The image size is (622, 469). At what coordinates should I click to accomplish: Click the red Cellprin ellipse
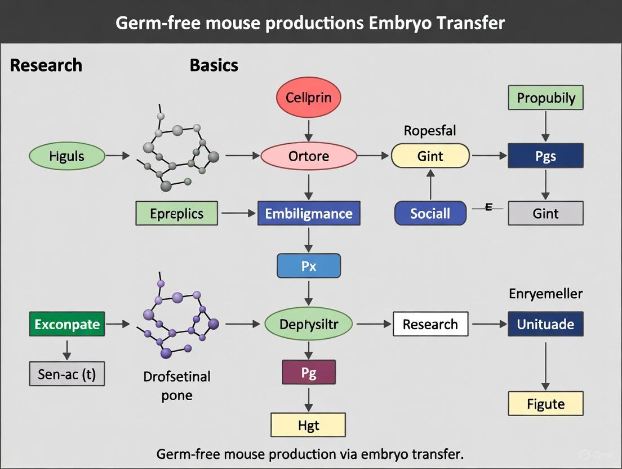coord(309,98)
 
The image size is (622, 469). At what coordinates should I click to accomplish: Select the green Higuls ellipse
coord(67,156)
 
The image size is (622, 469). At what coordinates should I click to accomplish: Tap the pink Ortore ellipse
coord(309,156)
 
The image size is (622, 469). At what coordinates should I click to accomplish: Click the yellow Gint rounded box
coord(430,156)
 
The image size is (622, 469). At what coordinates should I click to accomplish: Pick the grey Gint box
coord(545,214)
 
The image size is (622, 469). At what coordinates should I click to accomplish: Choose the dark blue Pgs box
coord(545,156)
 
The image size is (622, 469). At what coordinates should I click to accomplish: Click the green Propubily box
coord(545,98)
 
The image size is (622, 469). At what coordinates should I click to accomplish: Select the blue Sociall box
coord(430,214)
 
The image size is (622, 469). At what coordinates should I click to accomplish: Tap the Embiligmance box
coord(309,214)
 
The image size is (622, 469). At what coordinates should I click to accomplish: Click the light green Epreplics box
coord(176,214)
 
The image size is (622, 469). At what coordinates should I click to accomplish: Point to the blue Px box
coord(309,266)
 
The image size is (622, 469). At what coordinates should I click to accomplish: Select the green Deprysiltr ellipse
coord(309,324)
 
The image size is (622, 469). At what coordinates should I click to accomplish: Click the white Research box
coord(430,324)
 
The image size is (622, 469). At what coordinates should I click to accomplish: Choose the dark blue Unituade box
coord(545,324)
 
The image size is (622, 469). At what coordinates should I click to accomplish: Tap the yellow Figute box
coord(545,404)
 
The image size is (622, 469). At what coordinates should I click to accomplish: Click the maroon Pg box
coord(309,373)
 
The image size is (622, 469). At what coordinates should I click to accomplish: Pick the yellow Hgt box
coord(309,425)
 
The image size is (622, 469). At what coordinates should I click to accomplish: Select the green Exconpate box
coord(67,324)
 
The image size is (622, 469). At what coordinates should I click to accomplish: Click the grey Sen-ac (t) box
coord(67,374)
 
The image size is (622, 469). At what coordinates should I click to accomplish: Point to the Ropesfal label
coord(430,131)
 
